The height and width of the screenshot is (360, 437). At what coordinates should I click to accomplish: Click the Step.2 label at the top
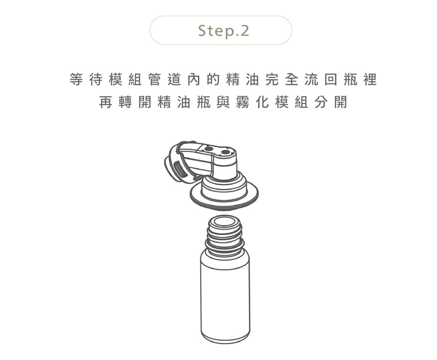pos(223,31)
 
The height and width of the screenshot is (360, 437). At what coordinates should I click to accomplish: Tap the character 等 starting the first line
pos(76,80)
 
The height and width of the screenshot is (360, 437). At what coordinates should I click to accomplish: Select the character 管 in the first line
pos(155,80)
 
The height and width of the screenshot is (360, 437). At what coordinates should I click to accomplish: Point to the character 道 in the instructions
pos(174,80)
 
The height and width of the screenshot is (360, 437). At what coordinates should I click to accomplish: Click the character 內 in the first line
pos(194,80)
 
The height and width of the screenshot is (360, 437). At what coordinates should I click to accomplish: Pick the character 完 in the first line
pos(272,80)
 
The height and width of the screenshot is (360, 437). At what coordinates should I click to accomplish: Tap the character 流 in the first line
pos(311,80)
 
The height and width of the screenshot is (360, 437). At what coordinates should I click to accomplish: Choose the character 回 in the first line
pos(331,80)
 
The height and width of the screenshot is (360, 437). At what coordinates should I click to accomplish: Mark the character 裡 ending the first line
pos(370,80)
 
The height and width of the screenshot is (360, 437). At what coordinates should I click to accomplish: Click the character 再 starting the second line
pos(106,102)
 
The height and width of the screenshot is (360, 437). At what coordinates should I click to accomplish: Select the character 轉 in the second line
pos(125,102)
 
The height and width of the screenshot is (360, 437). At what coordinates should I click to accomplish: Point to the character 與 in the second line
pos(223,102)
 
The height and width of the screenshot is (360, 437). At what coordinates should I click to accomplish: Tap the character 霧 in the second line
pos(243,102)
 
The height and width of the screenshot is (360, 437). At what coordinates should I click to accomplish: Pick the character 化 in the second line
pos(262,102)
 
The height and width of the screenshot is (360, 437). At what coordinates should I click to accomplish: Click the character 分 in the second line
pos(321,102)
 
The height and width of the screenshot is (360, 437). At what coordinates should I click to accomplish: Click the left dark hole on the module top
pos(208,149)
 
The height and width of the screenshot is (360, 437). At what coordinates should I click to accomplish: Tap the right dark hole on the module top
pos(225,152)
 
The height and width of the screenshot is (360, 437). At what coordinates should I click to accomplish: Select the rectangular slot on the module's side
pos(179,170)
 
